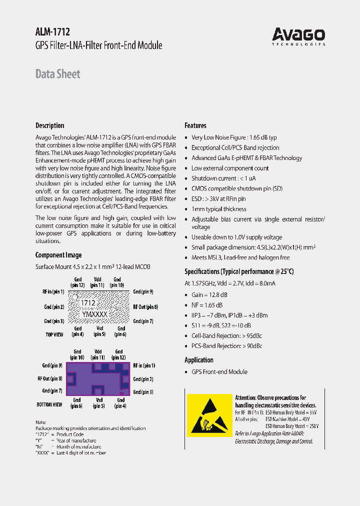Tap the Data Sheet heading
(x=57, y=74)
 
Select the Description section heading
(x=49, y=125)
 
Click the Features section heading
(x=195, y=125)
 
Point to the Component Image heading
(x=58, y=255)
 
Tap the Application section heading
(x=199, y=360)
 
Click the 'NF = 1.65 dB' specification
(x=207, y=305)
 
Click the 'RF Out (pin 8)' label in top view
(x=145, y=307)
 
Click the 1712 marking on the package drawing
(x=88, y=303)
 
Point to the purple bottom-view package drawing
(x=98, y=379)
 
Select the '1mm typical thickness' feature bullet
(x=218, y=209)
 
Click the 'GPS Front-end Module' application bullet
(x=219, y=372)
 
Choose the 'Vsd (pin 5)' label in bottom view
(x=99, y=403)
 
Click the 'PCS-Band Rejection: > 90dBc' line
(x=226, y=346)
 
